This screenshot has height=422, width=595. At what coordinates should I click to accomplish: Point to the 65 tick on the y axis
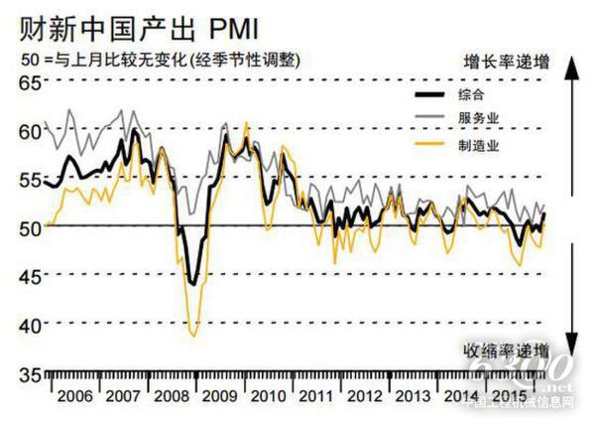pyautogui.click(x=30, y=82)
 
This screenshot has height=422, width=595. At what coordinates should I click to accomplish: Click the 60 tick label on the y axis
pyautogui.click(x=30, y=130)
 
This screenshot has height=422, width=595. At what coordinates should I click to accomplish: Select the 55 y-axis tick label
pyautogui.click(x=30, y=179)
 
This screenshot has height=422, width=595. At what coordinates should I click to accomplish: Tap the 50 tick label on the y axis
pyautogui.click(x=30, y=227)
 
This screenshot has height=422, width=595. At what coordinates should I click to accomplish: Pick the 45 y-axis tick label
pyautogui.click(x=30, y=276)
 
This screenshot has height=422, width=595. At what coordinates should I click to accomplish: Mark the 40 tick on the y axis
pyautogui.click(x=30, y=325)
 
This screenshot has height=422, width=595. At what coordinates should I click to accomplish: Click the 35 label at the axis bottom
pyautogui.click(x=30, y=374)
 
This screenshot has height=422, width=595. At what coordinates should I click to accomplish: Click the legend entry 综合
pyautogui.click(x=472, y=96)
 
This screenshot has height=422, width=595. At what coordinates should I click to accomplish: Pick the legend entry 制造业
pyautogui.click(x=478, y=144)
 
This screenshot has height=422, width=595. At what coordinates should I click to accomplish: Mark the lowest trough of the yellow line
pyautogui.click(x=193, y=336)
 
